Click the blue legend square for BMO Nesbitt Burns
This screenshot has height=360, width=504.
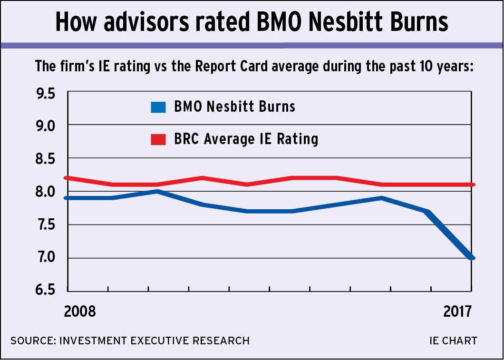coord(157,107)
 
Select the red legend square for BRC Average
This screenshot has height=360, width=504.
coord(157,140)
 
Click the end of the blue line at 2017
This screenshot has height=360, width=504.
coord(471,258)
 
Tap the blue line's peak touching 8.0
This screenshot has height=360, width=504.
coord(157,191)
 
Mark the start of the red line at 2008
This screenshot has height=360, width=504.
coord(69,178)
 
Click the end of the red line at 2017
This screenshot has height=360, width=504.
coord(471,185)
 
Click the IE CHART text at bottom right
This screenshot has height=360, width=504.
coord(453,341)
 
